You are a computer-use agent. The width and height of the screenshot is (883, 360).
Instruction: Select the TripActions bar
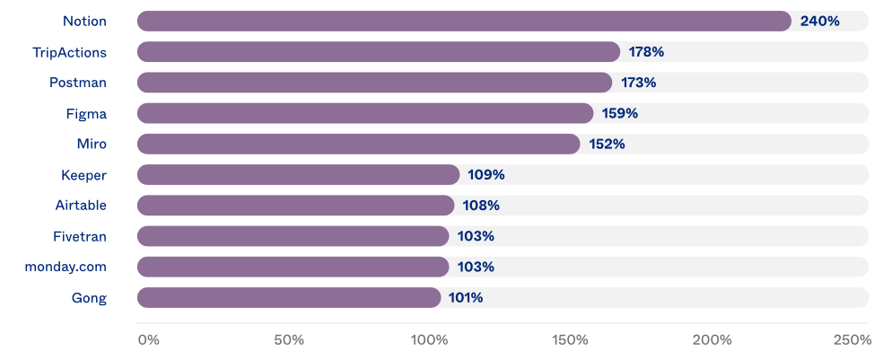pos(378,52)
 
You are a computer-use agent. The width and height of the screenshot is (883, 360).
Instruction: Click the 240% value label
pos(819,21)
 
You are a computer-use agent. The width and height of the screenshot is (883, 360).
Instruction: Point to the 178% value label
pos(646,52)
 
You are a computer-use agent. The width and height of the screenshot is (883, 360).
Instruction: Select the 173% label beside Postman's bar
pos(638,83)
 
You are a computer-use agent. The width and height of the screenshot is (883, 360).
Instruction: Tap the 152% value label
pos(607,144)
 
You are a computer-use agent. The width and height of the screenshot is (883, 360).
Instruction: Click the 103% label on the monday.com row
pos(476,267)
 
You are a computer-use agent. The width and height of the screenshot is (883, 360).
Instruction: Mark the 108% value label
pos(481,206)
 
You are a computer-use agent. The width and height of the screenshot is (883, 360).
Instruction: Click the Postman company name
pos(78,83)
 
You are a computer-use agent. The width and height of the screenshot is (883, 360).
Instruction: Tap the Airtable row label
pos(81,206)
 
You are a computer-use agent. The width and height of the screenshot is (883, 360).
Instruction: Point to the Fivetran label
pos(80,236)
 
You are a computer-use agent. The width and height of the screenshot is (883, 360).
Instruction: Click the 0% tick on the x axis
pos(148,340)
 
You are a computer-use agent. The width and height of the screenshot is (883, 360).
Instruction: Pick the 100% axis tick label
pos(429,340)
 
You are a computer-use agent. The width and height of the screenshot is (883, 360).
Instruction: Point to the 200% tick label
pos(712,340)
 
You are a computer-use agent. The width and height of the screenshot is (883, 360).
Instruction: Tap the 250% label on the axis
pos(852,340)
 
